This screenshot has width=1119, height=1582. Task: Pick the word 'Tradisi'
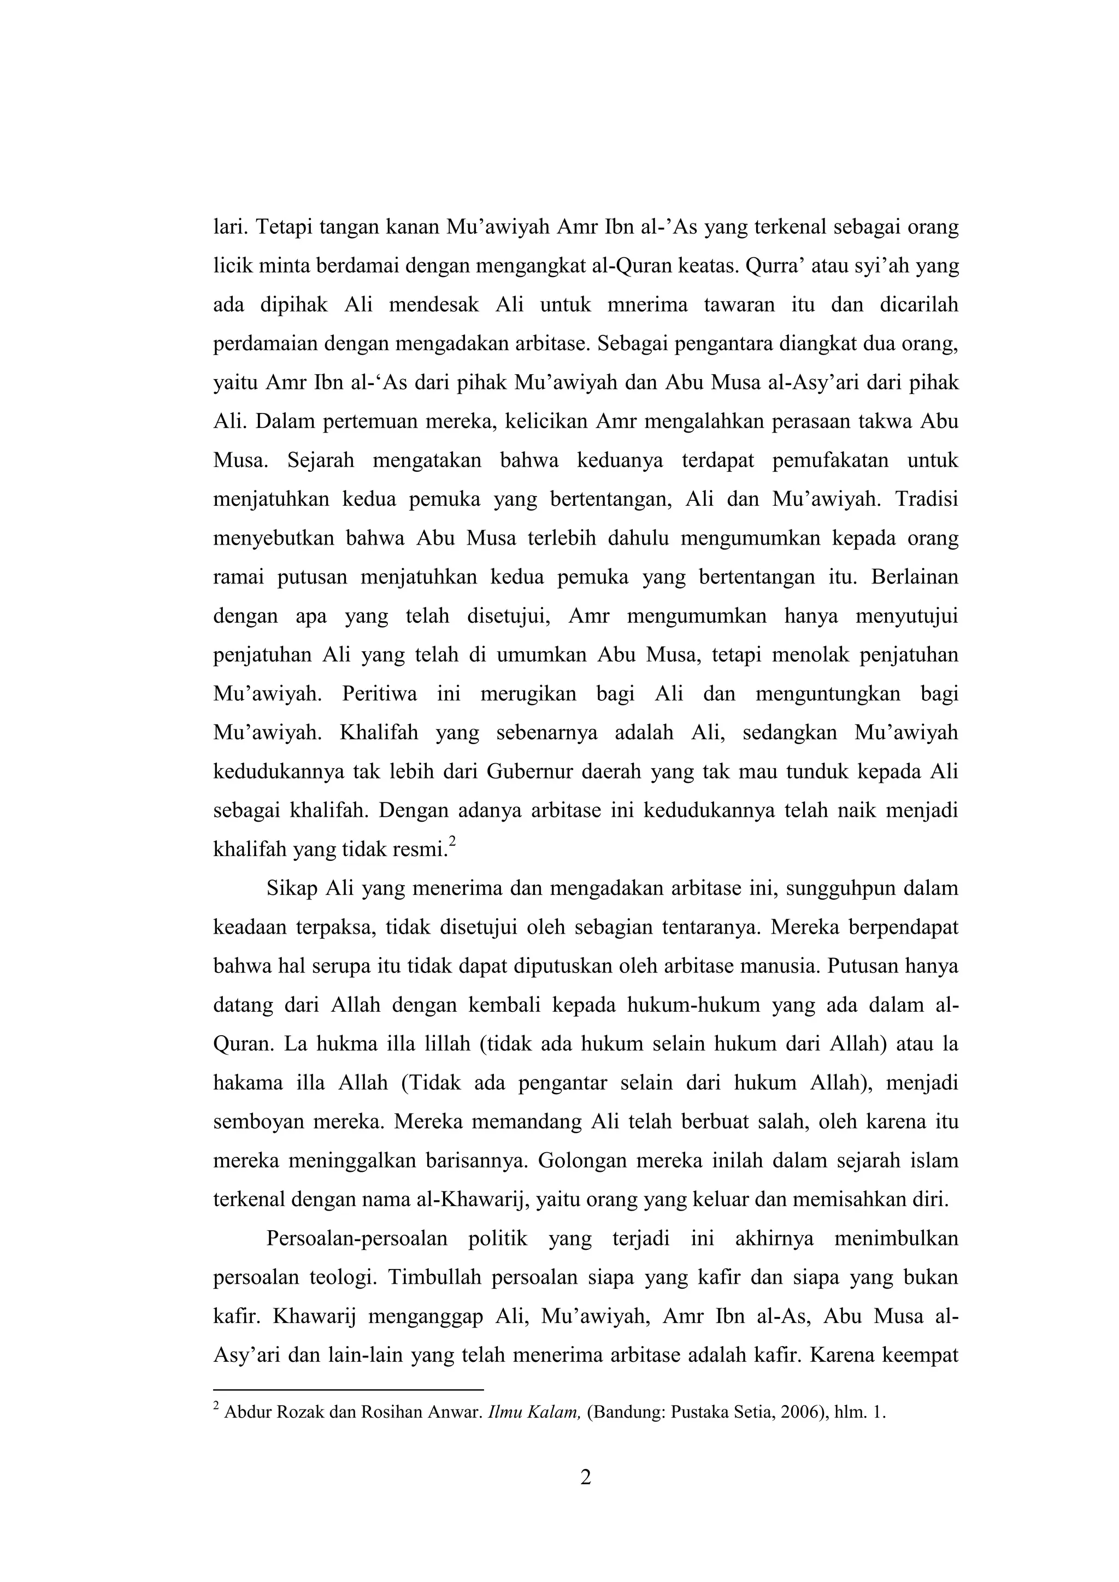pos(927,499)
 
